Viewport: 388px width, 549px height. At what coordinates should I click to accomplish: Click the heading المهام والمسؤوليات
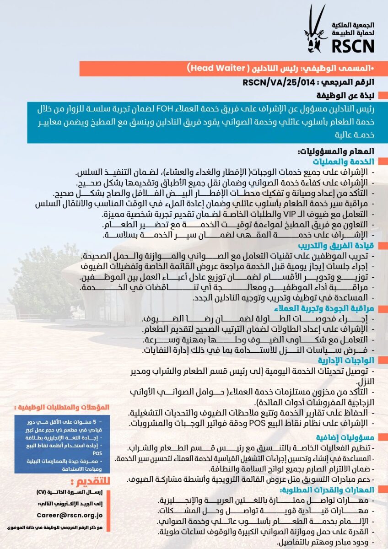tap(336, 151)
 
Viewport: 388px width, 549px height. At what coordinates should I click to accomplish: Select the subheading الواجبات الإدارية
tap(352, 360)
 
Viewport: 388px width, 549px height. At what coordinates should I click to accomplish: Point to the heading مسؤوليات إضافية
tap(352, 436)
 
